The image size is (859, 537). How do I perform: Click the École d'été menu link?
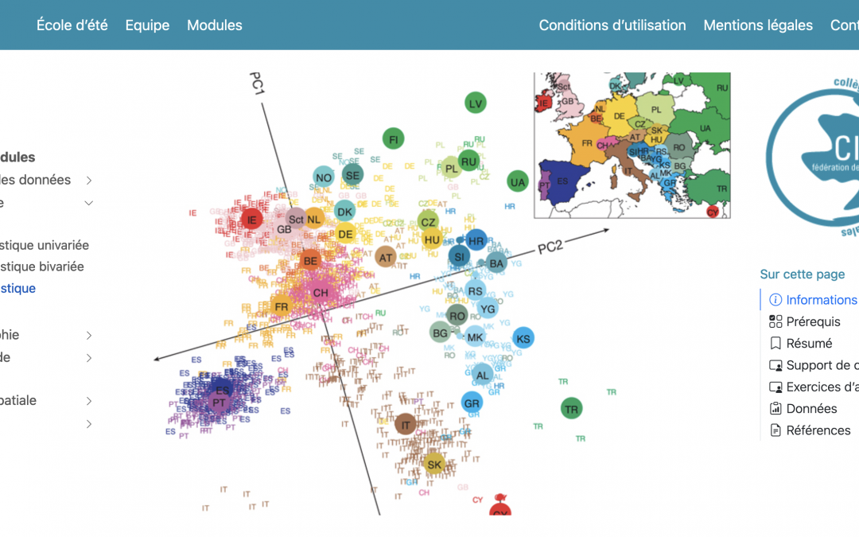point(72,25)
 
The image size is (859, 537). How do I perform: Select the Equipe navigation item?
point(147,25)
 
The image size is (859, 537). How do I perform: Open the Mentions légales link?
point(758,25)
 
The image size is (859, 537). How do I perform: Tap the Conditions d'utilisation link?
point(612,25)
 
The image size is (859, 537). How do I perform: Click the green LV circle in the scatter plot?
point(476,103)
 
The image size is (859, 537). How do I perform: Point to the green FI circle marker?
point(393,139)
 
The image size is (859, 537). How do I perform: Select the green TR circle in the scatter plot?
point(571,410)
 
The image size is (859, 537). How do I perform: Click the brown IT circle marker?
point(406,425)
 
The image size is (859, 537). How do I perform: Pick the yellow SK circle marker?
point(433,465)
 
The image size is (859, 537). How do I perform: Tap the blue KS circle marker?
point(523,339)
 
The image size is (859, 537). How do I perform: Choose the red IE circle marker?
point(252,220)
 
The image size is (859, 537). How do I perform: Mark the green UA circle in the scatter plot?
point(519,182)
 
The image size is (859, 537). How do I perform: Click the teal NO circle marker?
point(324,177)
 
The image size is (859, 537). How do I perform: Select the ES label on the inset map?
point(563,181)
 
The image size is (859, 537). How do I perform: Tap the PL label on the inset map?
point(656,110)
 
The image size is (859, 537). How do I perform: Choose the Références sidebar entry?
point(818,430)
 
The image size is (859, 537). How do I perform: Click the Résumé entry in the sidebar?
point(809,344)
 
